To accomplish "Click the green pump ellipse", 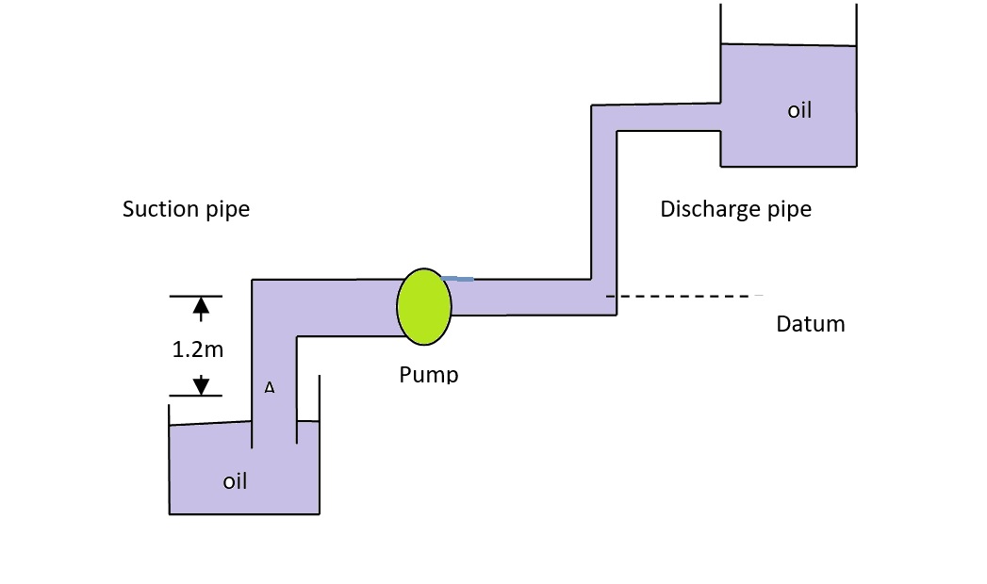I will point(424,306).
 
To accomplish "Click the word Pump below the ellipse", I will point(428,374).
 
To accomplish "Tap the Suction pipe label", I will point(186,209).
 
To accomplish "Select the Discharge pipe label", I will point(735,209).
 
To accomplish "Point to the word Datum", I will point(810,324).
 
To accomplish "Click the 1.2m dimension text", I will point(198,350).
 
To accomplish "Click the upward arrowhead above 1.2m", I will point(200,305).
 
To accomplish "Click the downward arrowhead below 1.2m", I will point(200,385).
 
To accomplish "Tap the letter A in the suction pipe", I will point(270,387).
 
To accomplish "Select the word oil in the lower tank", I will point(235,481).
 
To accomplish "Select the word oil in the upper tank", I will point(799,110).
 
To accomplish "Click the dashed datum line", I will point(688,296).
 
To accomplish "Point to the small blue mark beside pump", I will point(459,279).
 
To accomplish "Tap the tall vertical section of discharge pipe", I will point(603,207).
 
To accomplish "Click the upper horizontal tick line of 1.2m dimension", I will point(195,296).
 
